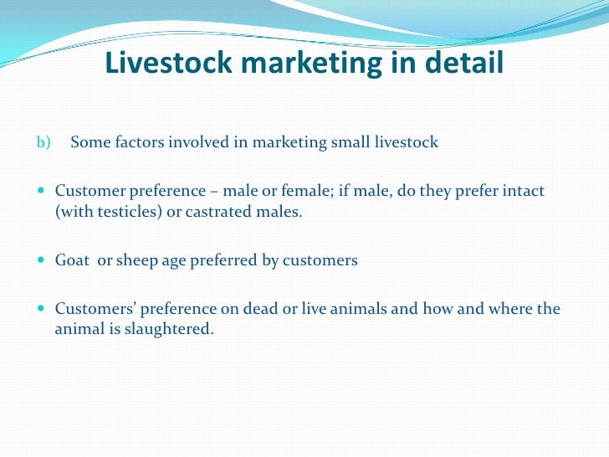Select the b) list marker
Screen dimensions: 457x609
click(43, 142)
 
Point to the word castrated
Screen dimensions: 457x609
click(223, 211)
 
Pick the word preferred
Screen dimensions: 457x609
click(227, 260)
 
